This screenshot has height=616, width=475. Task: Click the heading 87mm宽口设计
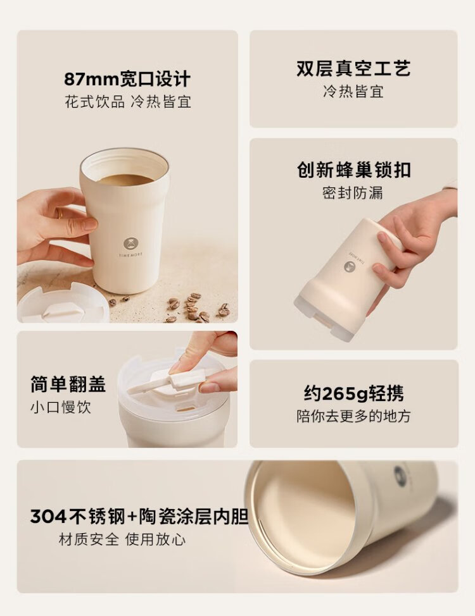127,79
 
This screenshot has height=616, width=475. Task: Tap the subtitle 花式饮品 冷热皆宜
128,102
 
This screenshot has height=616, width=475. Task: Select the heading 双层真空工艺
353,68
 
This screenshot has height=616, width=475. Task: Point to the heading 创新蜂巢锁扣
354,169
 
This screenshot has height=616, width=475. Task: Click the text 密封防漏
353,192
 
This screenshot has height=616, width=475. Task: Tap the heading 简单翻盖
68,384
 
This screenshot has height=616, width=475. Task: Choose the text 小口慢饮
61,407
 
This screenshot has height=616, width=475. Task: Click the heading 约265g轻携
353,393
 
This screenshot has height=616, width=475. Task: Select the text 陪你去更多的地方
353,416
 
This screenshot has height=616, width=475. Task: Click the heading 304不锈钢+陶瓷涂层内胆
139,516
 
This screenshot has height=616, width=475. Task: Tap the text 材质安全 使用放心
122,539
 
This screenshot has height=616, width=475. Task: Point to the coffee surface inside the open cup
125,180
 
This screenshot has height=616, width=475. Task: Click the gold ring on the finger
60,213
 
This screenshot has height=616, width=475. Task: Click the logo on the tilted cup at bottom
400,476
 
